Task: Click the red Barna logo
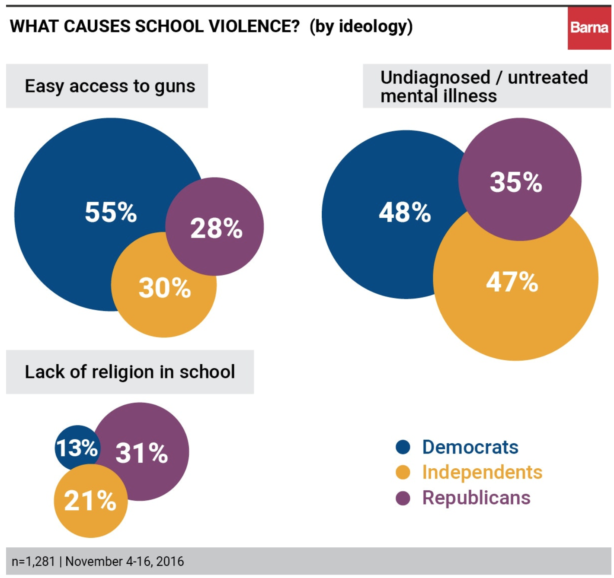[x=589, y=28]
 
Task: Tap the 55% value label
[x=111, y=212]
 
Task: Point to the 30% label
[x=164, y=288]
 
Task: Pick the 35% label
[x=516, y=182]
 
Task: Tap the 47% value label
[x=512, y=282]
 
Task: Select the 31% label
[x=141, y=453]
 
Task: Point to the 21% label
[x=90, y=501]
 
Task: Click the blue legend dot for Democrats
[x=403, y=447]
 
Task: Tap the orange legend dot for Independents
[x=403, y=472]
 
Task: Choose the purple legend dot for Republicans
[x=403, y=498]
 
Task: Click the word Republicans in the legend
[x=476, y=498]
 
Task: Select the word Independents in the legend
[x=482, y=472]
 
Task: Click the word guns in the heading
[x=175, y=86]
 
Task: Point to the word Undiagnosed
[x=435, y=78]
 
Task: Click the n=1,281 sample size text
[x=33, y=562]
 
